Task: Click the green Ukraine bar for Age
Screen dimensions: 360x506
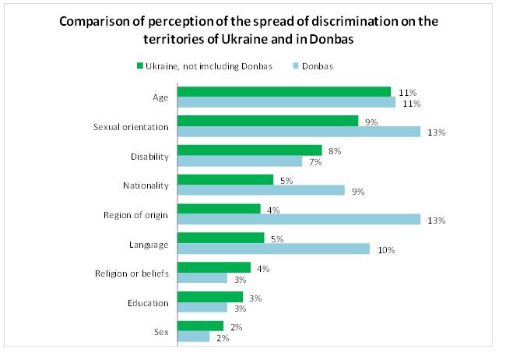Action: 284,92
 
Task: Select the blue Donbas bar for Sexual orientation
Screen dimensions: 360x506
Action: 299,132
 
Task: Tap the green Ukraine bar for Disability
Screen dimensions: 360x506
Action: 249,150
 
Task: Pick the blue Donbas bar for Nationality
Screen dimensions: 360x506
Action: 261,190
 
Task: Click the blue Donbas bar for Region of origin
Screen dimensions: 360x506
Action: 299,220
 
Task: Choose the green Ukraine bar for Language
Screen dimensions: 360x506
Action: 221,238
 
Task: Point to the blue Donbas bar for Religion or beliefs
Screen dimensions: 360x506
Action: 202,278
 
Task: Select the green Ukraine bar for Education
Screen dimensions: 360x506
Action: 210,298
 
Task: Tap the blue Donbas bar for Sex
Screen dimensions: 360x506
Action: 194,337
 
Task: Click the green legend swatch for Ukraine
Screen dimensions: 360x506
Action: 139,65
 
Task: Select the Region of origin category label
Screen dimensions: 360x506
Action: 136,215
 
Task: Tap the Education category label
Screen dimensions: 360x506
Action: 149,303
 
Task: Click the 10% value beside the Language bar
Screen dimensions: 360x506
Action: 387,250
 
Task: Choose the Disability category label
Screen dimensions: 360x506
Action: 150,156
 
